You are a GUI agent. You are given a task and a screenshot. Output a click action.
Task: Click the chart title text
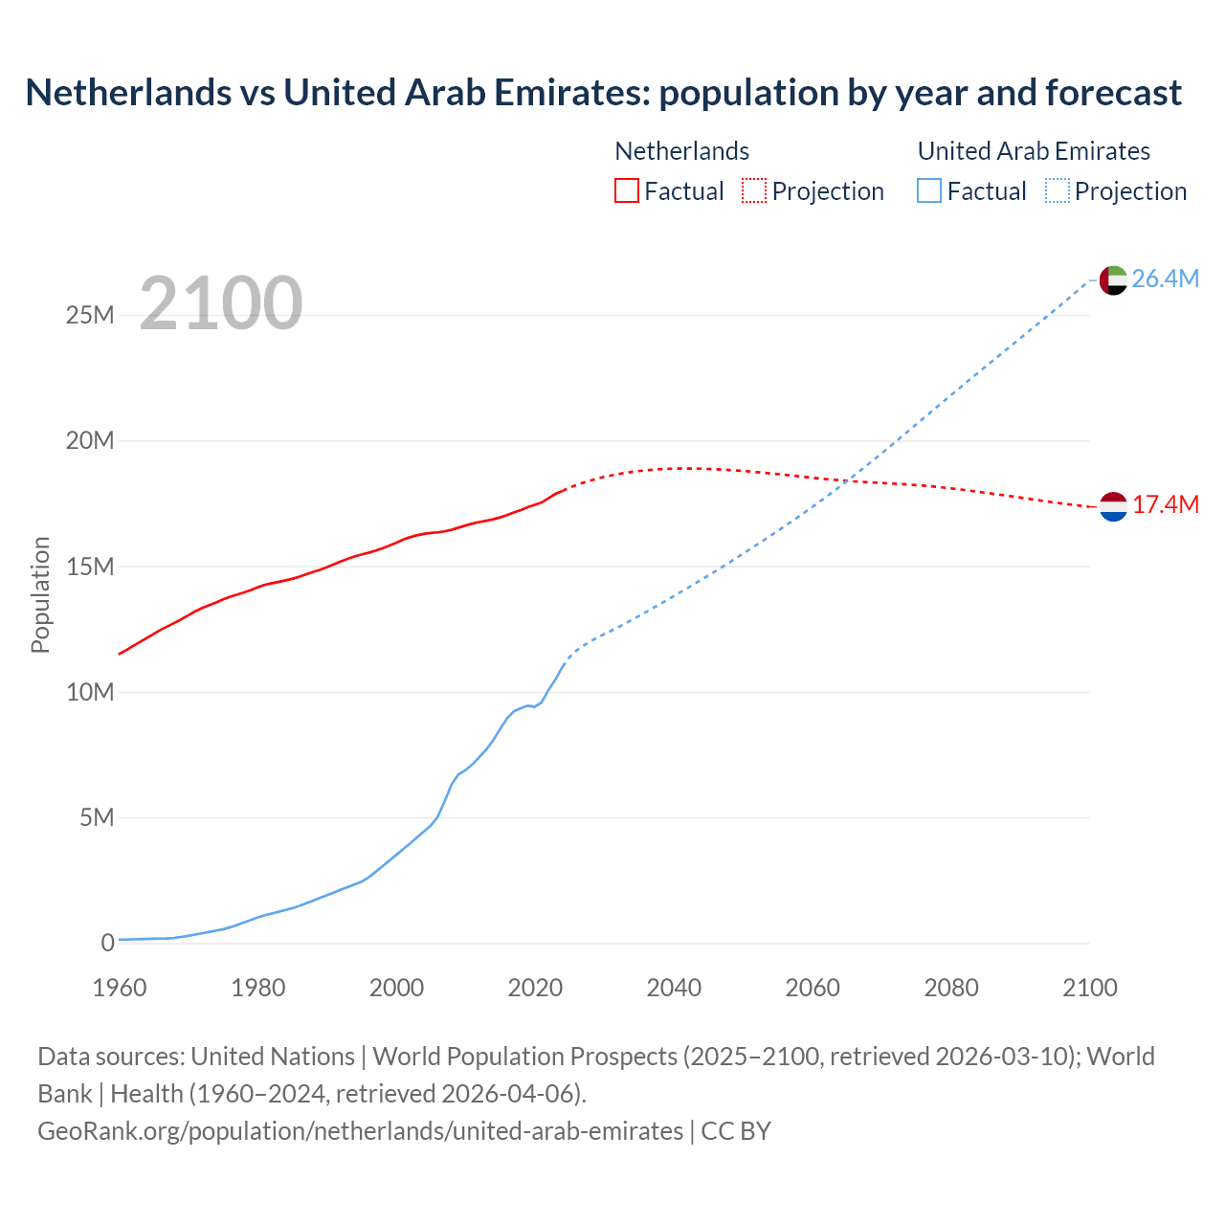point(603,93)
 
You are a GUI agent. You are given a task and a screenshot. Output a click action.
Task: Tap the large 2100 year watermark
point(221,303)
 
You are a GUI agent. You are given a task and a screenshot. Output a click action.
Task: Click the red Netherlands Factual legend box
point(626,190)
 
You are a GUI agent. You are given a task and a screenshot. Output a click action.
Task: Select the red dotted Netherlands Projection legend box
point(753,190)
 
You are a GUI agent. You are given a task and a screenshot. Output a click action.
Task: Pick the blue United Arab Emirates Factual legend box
point(928,190)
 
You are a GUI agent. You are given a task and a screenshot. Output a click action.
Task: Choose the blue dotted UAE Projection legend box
point(1057,190)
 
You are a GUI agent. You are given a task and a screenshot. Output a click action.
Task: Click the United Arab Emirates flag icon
point(1113,279)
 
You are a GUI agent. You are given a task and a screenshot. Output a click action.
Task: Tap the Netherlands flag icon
point(1113,506)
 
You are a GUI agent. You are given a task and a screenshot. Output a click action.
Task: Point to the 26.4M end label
point(1165,278)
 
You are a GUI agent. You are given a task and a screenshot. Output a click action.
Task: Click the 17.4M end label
point(1165,505)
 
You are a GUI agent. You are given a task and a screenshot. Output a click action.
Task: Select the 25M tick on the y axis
point(90,315)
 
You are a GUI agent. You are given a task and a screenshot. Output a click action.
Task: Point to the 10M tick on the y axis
point(90,692)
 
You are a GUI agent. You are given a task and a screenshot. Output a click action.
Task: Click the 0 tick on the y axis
point(107,943)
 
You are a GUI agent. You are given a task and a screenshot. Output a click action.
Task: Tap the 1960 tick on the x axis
point(120,988)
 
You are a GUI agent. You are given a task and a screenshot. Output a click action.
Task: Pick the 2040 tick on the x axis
point(674,988)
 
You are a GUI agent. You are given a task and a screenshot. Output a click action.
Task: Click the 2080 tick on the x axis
point(951,988)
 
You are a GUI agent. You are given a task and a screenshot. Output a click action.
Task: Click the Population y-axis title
point(40,594)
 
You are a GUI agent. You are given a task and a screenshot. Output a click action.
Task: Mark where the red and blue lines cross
point(849,480)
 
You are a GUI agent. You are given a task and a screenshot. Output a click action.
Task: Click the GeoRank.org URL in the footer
point(360,1131)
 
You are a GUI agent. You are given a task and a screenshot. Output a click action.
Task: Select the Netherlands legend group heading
point(681,151)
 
